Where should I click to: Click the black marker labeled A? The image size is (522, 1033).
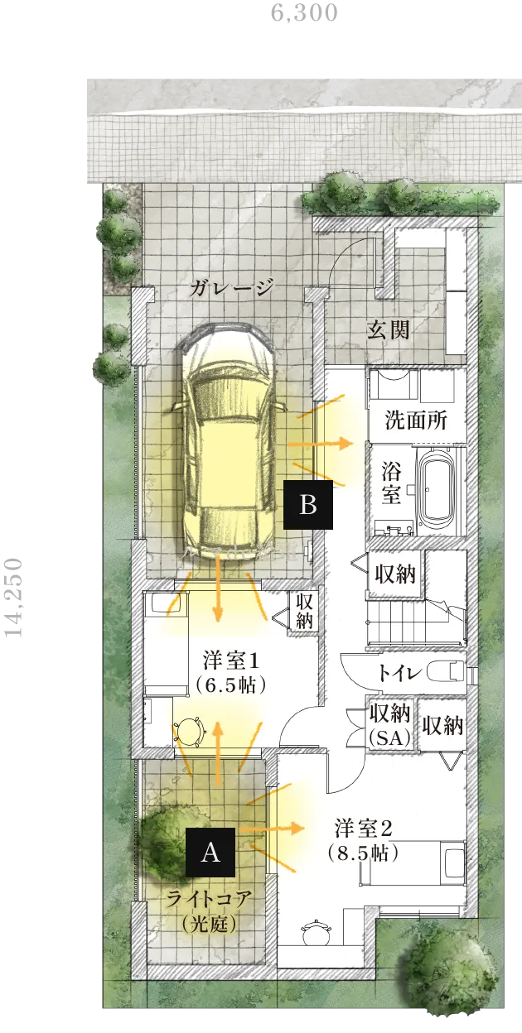tap(210, 853)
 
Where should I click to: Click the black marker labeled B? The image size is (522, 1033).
tap(308, 505)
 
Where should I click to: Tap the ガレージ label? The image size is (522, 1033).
tap(231, 288)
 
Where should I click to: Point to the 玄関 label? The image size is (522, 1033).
tap(388, 329)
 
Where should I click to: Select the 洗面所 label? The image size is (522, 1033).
tap(416, 420)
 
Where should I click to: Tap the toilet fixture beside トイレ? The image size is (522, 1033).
tap(445, 671)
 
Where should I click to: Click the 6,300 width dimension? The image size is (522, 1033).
tap(304, 12)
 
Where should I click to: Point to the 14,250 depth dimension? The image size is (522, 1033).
tap(13, 598)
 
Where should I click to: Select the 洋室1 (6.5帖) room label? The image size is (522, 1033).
tap(231, 673)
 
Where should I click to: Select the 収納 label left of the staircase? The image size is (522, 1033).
tap(395, 574)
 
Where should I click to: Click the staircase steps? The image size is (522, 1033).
tap(416, 621)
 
